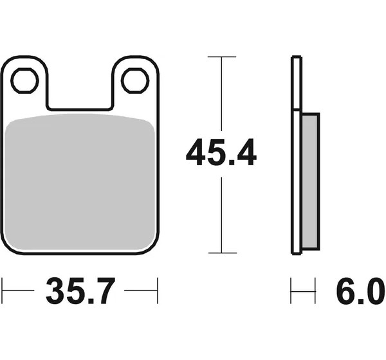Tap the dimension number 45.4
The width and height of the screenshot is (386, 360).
pos(221,152)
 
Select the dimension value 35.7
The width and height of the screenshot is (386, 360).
pos(80,291)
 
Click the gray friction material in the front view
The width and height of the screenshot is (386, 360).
pos(80,182)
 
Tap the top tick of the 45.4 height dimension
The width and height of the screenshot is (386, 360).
pos(222,57)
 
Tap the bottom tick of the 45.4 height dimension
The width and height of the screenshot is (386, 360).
pos(223,253)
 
